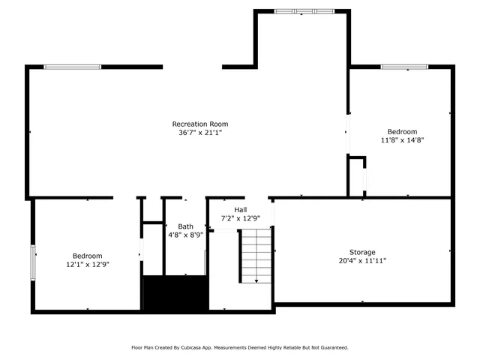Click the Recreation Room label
(200, 124)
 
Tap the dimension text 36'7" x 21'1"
(200, 133)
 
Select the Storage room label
(361, 252)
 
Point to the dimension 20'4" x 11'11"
(361, 261)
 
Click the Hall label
(240, 210)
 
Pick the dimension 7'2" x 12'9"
(240, 218)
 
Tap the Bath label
(185, 226)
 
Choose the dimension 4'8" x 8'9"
(185, 235)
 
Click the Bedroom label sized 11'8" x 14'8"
(402, 131)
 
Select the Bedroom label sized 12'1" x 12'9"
(88, 256)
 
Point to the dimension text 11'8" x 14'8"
(402, 139)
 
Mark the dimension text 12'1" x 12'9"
(88, 264)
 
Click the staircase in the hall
(255, 255)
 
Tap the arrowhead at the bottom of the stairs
(256, 281)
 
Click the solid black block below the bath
(175, 293)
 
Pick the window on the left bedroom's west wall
(32, 262)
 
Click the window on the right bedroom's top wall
(404, 67)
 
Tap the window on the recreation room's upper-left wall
(72, 67)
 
